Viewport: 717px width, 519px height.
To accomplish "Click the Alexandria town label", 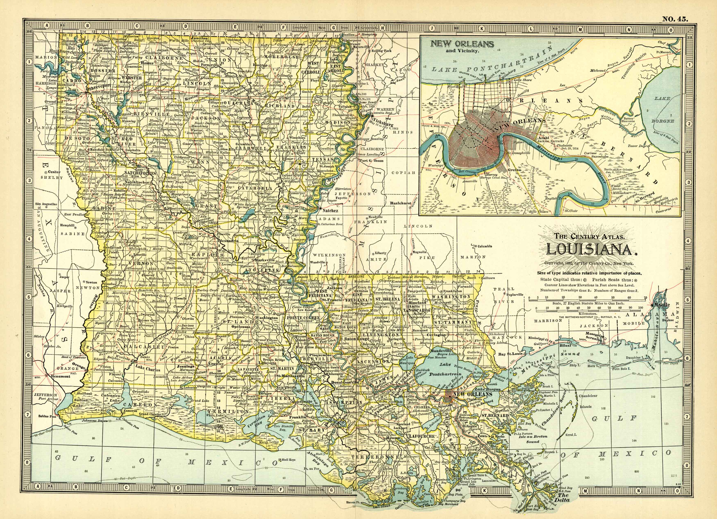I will pyautogui.click(x=229, y=241).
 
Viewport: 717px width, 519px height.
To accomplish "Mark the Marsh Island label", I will pyautogui.click(x=269, y=442).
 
